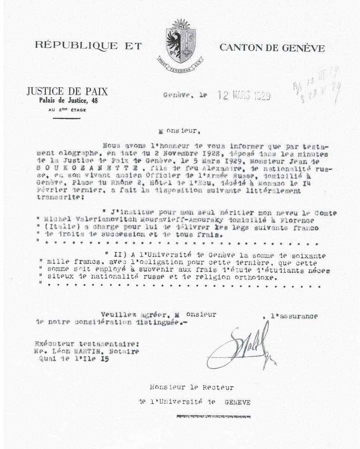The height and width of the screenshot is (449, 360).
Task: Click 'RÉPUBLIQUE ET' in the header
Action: (x=88, y=46)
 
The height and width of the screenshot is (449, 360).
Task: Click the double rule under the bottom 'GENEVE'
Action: (x=212, y=416)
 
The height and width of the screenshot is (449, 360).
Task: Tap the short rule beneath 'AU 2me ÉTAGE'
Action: (x=67, y=118)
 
